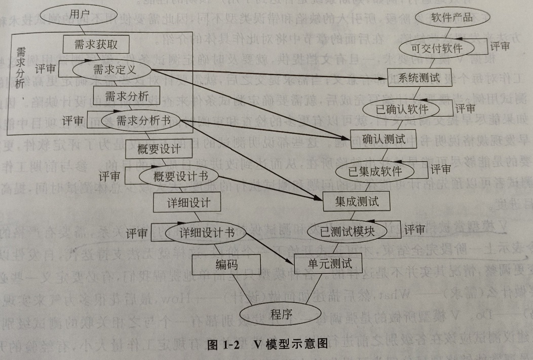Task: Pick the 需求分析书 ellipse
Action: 142,121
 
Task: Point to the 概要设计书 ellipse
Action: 173,176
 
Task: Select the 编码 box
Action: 226,264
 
